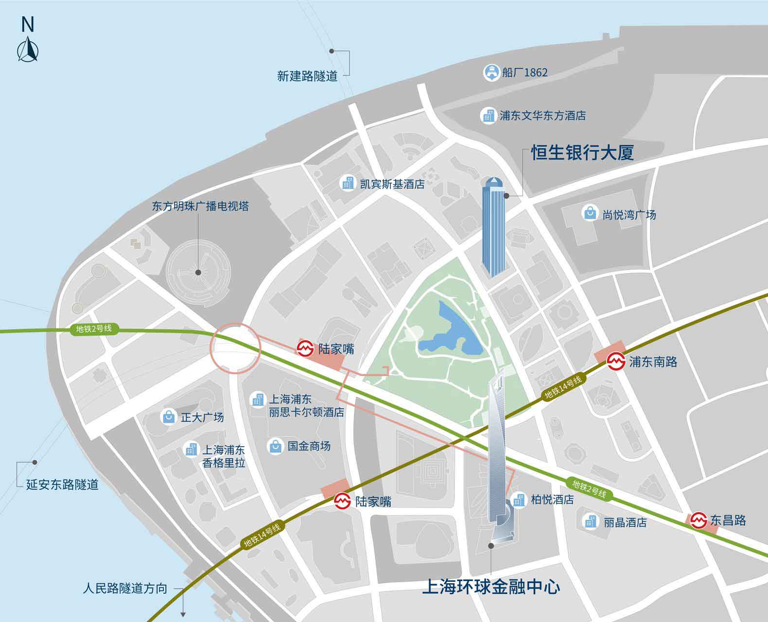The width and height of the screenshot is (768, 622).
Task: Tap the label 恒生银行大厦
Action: point(582,153)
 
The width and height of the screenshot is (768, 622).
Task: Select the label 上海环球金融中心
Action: point(491,587)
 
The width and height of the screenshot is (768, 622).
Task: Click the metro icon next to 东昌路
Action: point(699,520)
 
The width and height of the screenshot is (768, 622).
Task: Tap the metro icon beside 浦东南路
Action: point(616,362)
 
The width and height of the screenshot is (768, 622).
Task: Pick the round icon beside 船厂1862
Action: point(491,72)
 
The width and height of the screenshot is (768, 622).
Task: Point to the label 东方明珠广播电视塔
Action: point(200,206)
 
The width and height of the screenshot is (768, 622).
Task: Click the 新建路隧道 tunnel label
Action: point(307,76)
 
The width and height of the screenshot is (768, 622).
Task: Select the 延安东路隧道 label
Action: point(62,484)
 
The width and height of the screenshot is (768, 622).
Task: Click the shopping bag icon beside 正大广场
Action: point(168,417)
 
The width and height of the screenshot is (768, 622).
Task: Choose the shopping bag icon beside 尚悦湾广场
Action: point(590,213)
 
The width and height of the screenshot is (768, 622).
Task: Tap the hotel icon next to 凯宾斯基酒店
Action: point(348,184)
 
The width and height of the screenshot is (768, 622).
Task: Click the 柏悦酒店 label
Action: point(552,500)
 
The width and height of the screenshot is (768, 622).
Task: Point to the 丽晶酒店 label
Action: point(625,522)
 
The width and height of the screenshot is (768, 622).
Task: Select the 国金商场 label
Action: point(309,446)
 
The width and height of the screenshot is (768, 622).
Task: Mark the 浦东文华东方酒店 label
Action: point(542,116)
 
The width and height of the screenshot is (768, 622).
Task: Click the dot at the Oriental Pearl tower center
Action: point(198,273)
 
